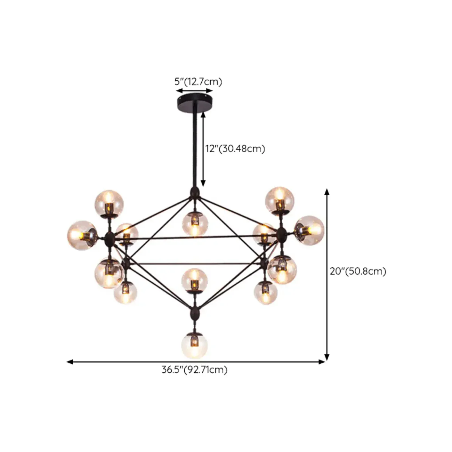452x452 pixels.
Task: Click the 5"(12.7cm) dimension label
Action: pyautogui.click(x=198, y=82)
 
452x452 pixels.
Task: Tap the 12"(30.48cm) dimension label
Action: pyautogui.click(x=235, y=149)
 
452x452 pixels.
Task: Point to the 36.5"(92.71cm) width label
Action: pyautogui.click(x=194, y=370)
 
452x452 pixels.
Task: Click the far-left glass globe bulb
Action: pyautogui.click(x=82, y=234)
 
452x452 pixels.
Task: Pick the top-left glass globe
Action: pyautogui.click(x=109, y=204)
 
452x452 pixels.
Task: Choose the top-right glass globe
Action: pyautogui.click(x=280, y=200)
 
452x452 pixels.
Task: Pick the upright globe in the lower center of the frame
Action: pyautogui.click(x=195, y=280)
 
